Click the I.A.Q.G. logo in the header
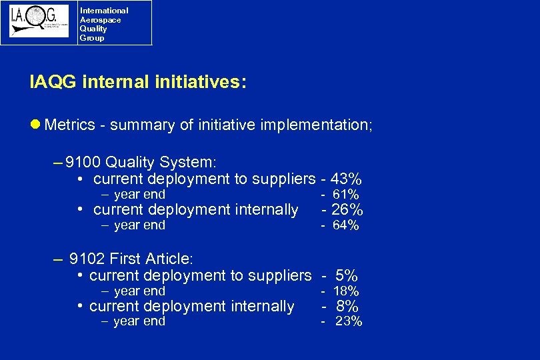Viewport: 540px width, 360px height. (39, 22)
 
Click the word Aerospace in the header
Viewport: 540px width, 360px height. (100, 20)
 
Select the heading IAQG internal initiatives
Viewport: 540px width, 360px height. (138, 82)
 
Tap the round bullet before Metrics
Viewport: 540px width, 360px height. (36, 125)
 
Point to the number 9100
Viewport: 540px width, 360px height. (84, 163)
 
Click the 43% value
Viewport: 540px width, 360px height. (347, 179)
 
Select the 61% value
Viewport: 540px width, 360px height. (346, 195)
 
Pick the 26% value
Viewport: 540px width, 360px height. (347, 211)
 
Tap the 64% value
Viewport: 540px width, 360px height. (346, 226)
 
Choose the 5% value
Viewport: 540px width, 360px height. (347, 275)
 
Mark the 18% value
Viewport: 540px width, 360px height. (346, 291)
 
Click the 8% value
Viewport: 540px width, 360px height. (348, 307)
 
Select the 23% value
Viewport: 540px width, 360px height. (349, 322)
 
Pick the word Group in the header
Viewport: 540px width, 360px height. (92, 38)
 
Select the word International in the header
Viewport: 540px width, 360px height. (104, 11)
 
